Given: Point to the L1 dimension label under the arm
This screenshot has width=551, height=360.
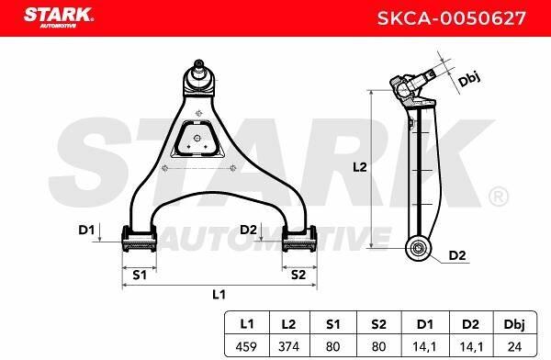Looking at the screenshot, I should coord(219,294).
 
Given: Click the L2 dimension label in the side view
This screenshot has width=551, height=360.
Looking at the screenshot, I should coord(360,167).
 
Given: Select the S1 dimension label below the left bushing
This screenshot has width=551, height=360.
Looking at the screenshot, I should coord(140,274).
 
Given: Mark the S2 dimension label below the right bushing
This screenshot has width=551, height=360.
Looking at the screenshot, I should coord(298,274).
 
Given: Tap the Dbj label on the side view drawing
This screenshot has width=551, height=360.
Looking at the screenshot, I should coord(470,79).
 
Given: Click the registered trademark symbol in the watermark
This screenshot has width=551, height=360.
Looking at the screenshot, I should coord(497,197).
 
